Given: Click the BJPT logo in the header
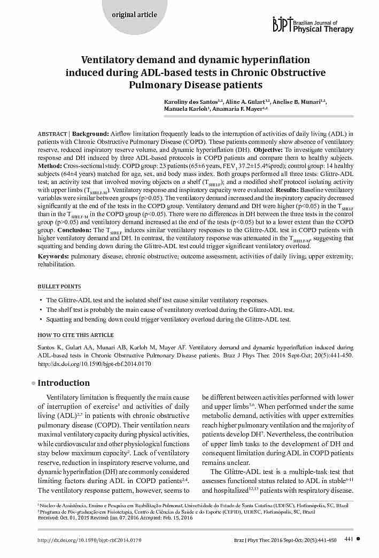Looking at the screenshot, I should point(283,24).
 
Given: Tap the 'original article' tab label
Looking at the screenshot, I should point(134,14).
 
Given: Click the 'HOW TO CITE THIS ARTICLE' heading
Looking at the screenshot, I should point(75,335).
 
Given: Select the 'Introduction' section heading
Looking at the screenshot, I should point(64,383).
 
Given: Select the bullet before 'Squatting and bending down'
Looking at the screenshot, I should point(41,319).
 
